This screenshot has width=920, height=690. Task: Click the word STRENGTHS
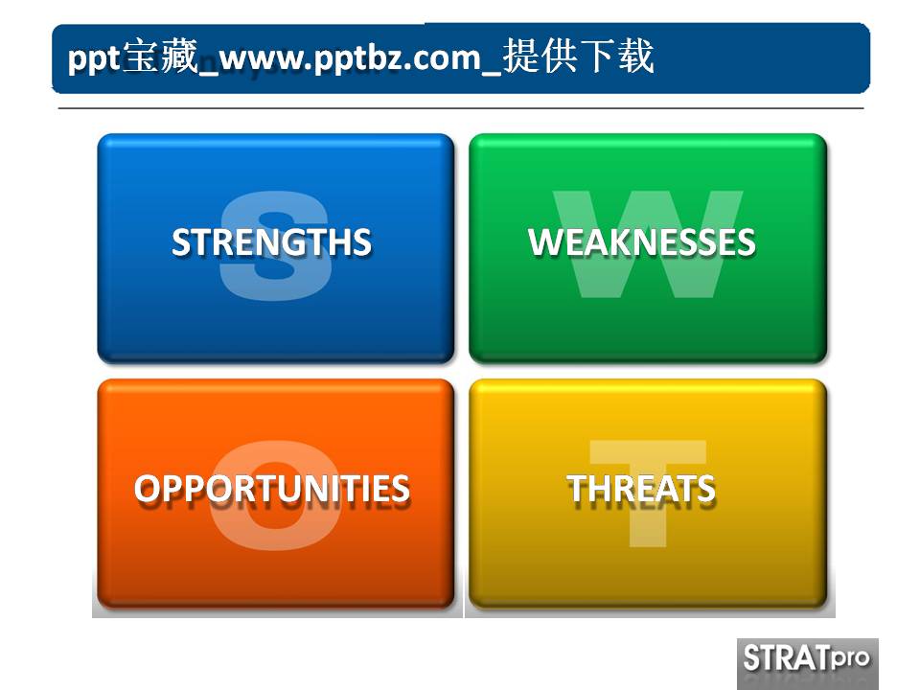pyautogui.click(x=271, y=241)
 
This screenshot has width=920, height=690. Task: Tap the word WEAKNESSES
pyautogui.click(x=641, y=241)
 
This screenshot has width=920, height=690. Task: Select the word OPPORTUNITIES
pyautogui.click(x=272, y=489)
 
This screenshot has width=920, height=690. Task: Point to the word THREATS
pyautogui.click(x=641, y=489)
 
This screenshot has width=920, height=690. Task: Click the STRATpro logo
pyautogui.click(x=807, y=661)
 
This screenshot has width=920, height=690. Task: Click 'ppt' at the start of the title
pyautogui.click(x=93, y=58)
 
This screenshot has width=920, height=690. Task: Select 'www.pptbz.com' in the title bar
pyautogui.click(x=349, y=58)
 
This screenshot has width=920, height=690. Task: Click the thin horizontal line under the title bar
pyautogui.click(x=460, y=109)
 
